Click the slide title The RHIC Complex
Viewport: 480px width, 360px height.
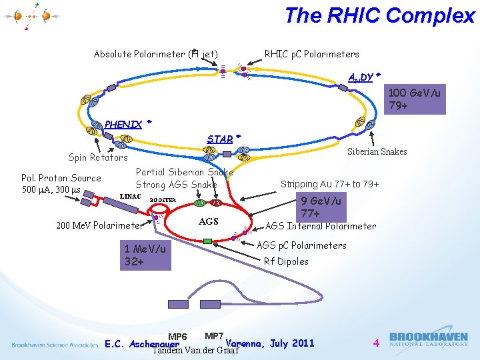pyautogui.click(x=379, y=15)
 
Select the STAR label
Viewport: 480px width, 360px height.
pyautogui.click(x=220, y=139)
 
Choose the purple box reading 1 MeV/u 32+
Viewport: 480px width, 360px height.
pyautogui.click(x=145, y=255)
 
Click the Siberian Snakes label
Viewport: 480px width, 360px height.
pyautogui.click(x=377, y=151)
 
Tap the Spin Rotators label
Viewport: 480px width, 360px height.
pyautogui.click(x=98, y=157)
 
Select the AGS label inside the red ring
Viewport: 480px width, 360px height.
pyautogui.click(x=209, y=221)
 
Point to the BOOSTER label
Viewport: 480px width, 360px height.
pyautogui.click(x=163, y=200)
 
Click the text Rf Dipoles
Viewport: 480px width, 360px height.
pyautogui.click(x=286, y=261)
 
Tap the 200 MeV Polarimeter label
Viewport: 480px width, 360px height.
pyautogui.click(x=100, y=225)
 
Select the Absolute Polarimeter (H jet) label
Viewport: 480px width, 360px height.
pyautogui.click(x=156, y=54)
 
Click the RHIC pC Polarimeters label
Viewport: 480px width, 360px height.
pyautogui.click(x=311, y=54)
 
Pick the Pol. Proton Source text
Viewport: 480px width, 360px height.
pyautogui.click(x=61, y=178)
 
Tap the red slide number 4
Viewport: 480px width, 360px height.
pyautogui.click(x=376, y=343)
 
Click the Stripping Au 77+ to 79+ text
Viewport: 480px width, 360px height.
pyautogui.click(x=329, y=184)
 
